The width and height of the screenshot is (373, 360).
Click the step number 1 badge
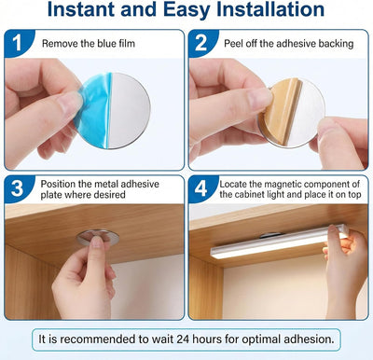tap(18, 43)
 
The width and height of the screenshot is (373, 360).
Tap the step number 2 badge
tap(201, 43)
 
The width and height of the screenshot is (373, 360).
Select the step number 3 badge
tap(17, 188)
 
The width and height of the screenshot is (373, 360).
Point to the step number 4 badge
tap(201, 188)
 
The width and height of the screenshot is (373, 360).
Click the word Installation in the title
tap(270, 9)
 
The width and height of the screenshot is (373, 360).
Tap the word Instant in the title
tap(81, 9)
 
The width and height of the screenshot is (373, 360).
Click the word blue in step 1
tap(106, 43)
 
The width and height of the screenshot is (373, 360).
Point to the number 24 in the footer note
tap(184, 339)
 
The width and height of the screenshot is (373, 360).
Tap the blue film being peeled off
tap(93, 110)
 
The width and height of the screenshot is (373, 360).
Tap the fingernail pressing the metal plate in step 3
tap(97, 242)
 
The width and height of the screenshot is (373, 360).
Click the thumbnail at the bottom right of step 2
tap(325, 127)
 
